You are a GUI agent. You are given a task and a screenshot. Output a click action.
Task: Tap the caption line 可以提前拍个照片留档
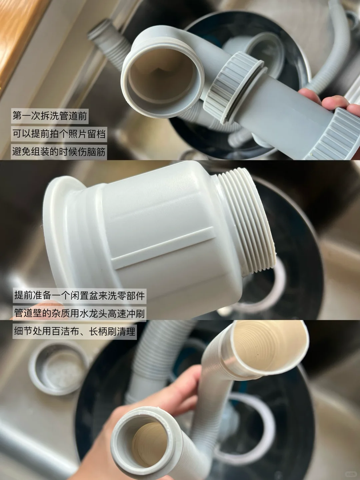[x=59, y=134]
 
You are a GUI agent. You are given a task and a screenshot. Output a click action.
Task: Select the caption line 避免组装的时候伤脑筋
[x=59, y=152]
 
